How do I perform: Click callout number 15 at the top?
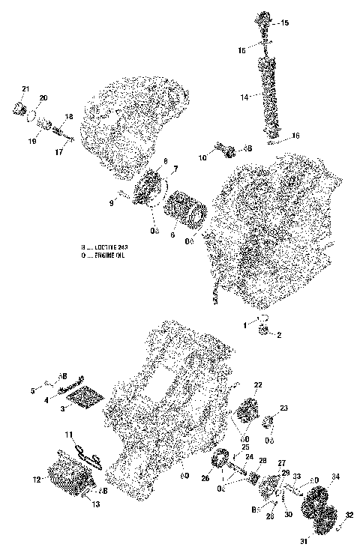point(283,24)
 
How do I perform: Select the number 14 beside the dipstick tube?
point(244,97)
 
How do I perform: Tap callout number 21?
point(25,90)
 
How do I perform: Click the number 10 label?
point(202,157)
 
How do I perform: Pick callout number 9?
point(110,202)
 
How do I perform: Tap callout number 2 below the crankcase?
point(280,334)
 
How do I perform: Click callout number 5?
point(33,390)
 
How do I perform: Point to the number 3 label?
point(63,409)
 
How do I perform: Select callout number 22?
point(257,384)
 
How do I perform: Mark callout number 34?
point(335,477)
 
